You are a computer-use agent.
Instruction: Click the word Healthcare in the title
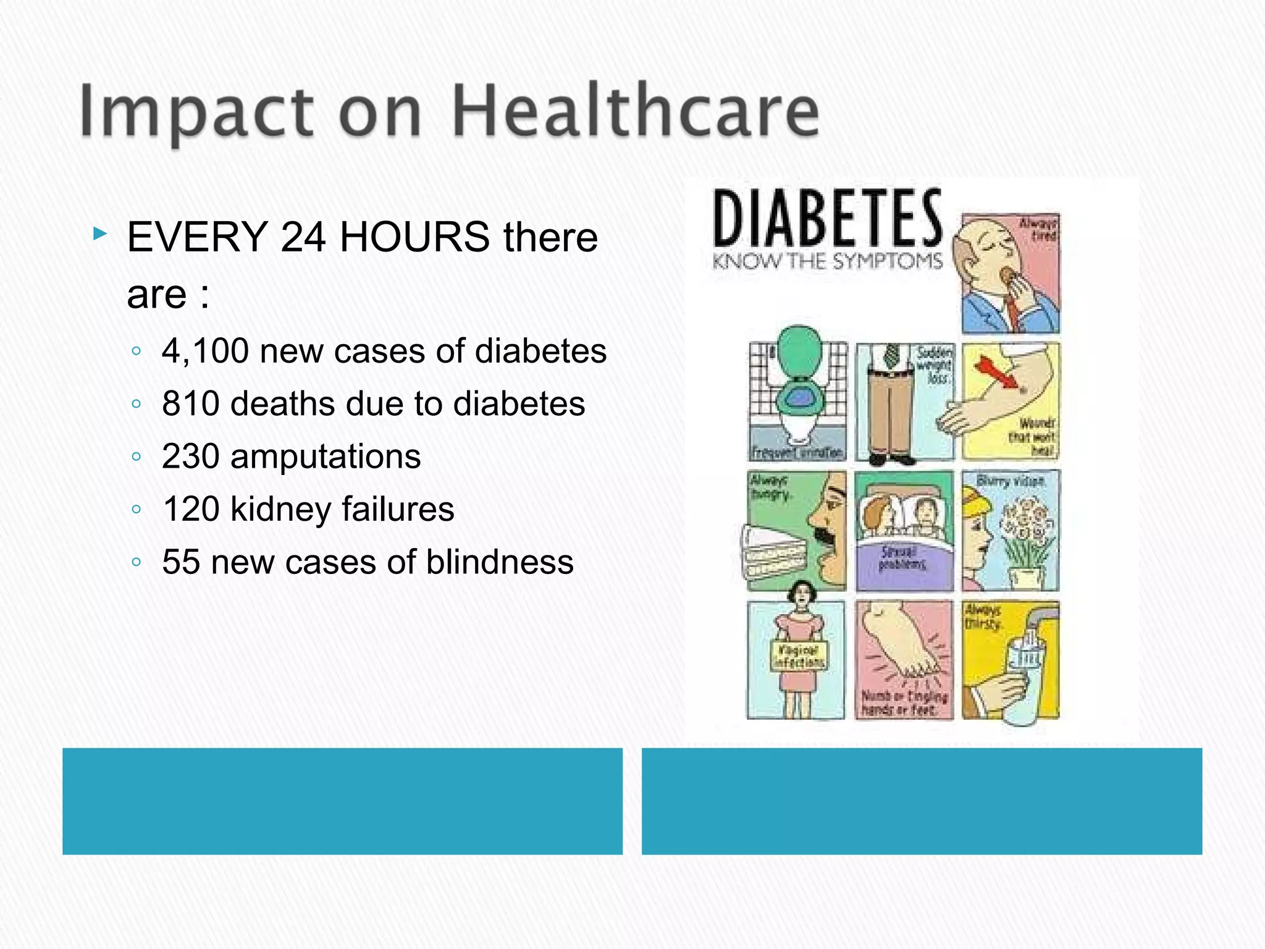(636, 111)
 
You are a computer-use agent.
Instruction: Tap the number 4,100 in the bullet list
(205, 351)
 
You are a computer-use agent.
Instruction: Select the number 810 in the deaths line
(190, 404)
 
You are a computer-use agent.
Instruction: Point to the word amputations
(326, 457)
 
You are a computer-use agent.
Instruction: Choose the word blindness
(500, 562)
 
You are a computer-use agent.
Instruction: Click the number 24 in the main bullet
(303, 237)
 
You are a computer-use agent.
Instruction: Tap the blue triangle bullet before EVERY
(99, 234)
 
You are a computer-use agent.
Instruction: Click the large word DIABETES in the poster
(828, 219)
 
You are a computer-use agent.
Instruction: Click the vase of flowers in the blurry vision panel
(1025, 544)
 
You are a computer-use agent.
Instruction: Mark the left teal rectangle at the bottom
(342, 801)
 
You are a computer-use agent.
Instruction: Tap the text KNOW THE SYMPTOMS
(828, 261)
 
